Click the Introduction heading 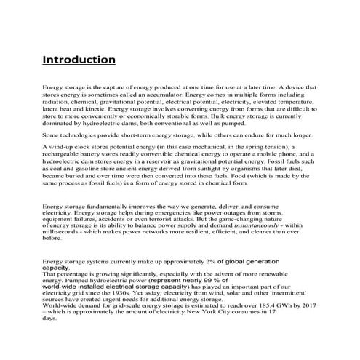pyautogui.click(x=79, y=58)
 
